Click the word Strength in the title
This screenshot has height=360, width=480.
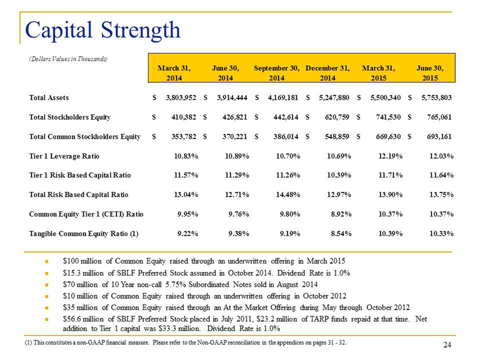click(141, 31)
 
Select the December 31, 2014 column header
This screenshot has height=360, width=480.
click(328, 73)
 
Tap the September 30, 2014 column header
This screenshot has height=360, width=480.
click(277, 73)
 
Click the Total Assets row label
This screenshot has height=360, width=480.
click(49, 98)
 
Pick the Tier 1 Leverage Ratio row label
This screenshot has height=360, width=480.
click(64, 156)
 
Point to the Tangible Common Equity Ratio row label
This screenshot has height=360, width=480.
click(84, 234)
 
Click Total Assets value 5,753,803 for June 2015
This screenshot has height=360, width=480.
click(436, 98)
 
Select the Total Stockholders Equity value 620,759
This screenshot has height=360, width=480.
click(337, 117)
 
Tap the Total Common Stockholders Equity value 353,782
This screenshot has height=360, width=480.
click(184, 137)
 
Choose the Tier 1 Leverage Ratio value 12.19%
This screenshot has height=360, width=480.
click(390, 156)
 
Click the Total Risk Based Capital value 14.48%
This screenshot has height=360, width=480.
click(288, 194)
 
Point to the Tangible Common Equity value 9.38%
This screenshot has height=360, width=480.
click(239, 234)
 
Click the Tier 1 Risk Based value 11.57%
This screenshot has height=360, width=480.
click(186, 175)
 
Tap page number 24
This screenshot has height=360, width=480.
click(447, 345)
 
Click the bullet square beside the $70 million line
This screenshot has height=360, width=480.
click(46, 285)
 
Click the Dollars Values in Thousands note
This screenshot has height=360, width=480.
click(68, 59)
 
